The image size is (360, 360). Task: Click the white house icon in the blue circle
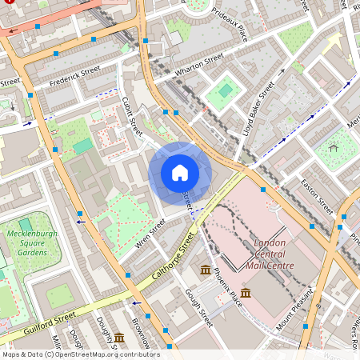(180, 173)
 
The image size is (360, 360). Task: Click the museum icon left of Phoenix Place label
(206, 269)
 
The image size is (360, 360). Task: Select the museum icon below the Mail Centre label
(245, 293)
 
